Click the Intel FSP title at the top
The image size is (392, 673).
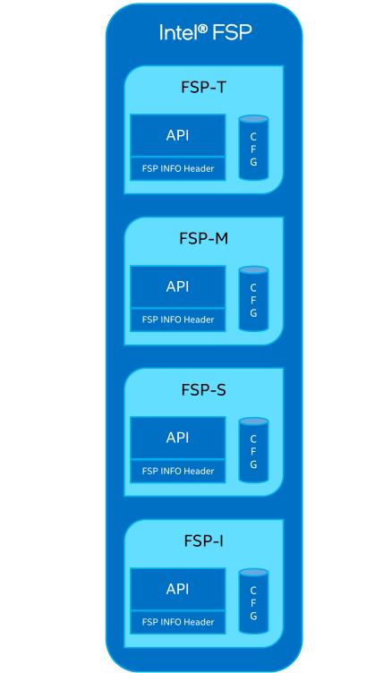(205, 33)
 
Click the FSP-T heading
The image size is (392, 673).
(204, 88)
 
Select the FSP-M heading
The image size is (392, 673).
(204, 239)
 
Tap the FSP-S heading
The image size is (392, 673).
(204, 390)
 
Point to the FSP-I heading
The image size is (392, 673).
(204, 541)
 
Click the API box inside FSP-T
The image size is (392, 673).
(177, 136)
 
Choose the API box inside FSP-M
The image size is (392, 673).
(177, 287)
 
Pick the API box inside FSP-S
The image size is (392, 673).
(177, 439)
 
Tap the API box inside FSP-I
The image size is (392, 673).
(177, 590)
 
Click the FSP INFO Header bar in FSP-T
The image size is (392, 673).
(177, 168)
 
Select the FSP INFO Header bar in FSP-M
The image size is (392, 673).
(177, 319)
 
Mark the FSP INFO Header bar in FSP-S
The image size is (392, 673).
(177, 471)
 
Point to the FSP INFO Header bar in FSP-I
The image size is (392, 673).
(177, 622)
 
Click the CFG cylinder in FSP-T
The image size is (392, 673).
(253, 149)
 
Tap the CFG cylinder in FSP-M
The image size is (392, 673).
(253, 300)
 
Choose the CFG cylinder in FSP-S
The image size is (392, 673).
(253, 451)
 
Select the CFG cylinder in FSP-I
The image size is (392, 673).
(253, 602)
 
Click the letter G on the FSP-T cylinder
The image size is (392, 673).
(253, 162)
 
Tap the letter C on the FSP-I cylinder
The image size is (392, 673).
(253, 591)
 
